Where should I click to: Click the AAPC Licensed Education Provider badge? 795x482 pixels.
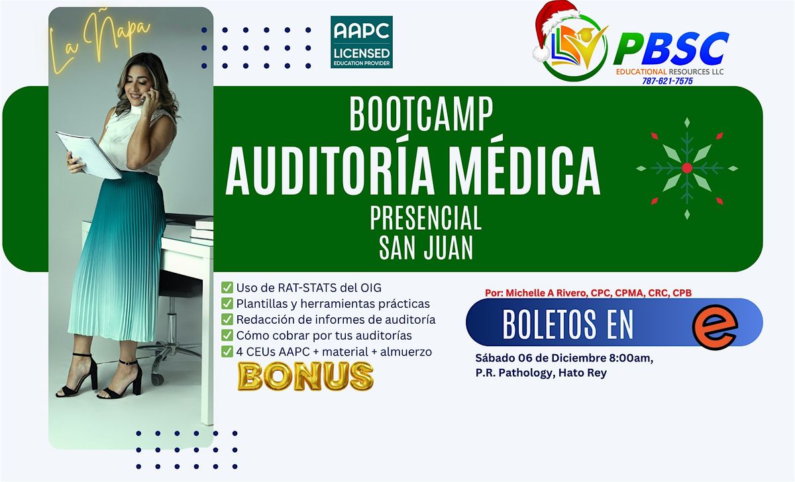(361, 42)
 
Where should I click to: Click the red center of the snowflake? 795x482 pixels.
(686, 168)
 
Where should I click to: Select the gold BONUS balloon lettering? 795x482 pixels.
(305, 375)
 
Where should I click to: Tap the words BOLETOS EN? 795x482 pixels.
(568, 324)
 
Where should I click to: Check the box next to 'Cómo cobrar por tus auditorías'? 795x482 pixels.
(227, 336)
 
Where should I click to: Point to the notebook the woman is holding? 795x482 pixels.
(87, 154)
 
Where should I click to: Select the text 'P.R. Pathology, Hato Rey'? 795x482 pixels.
(541, 373)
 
